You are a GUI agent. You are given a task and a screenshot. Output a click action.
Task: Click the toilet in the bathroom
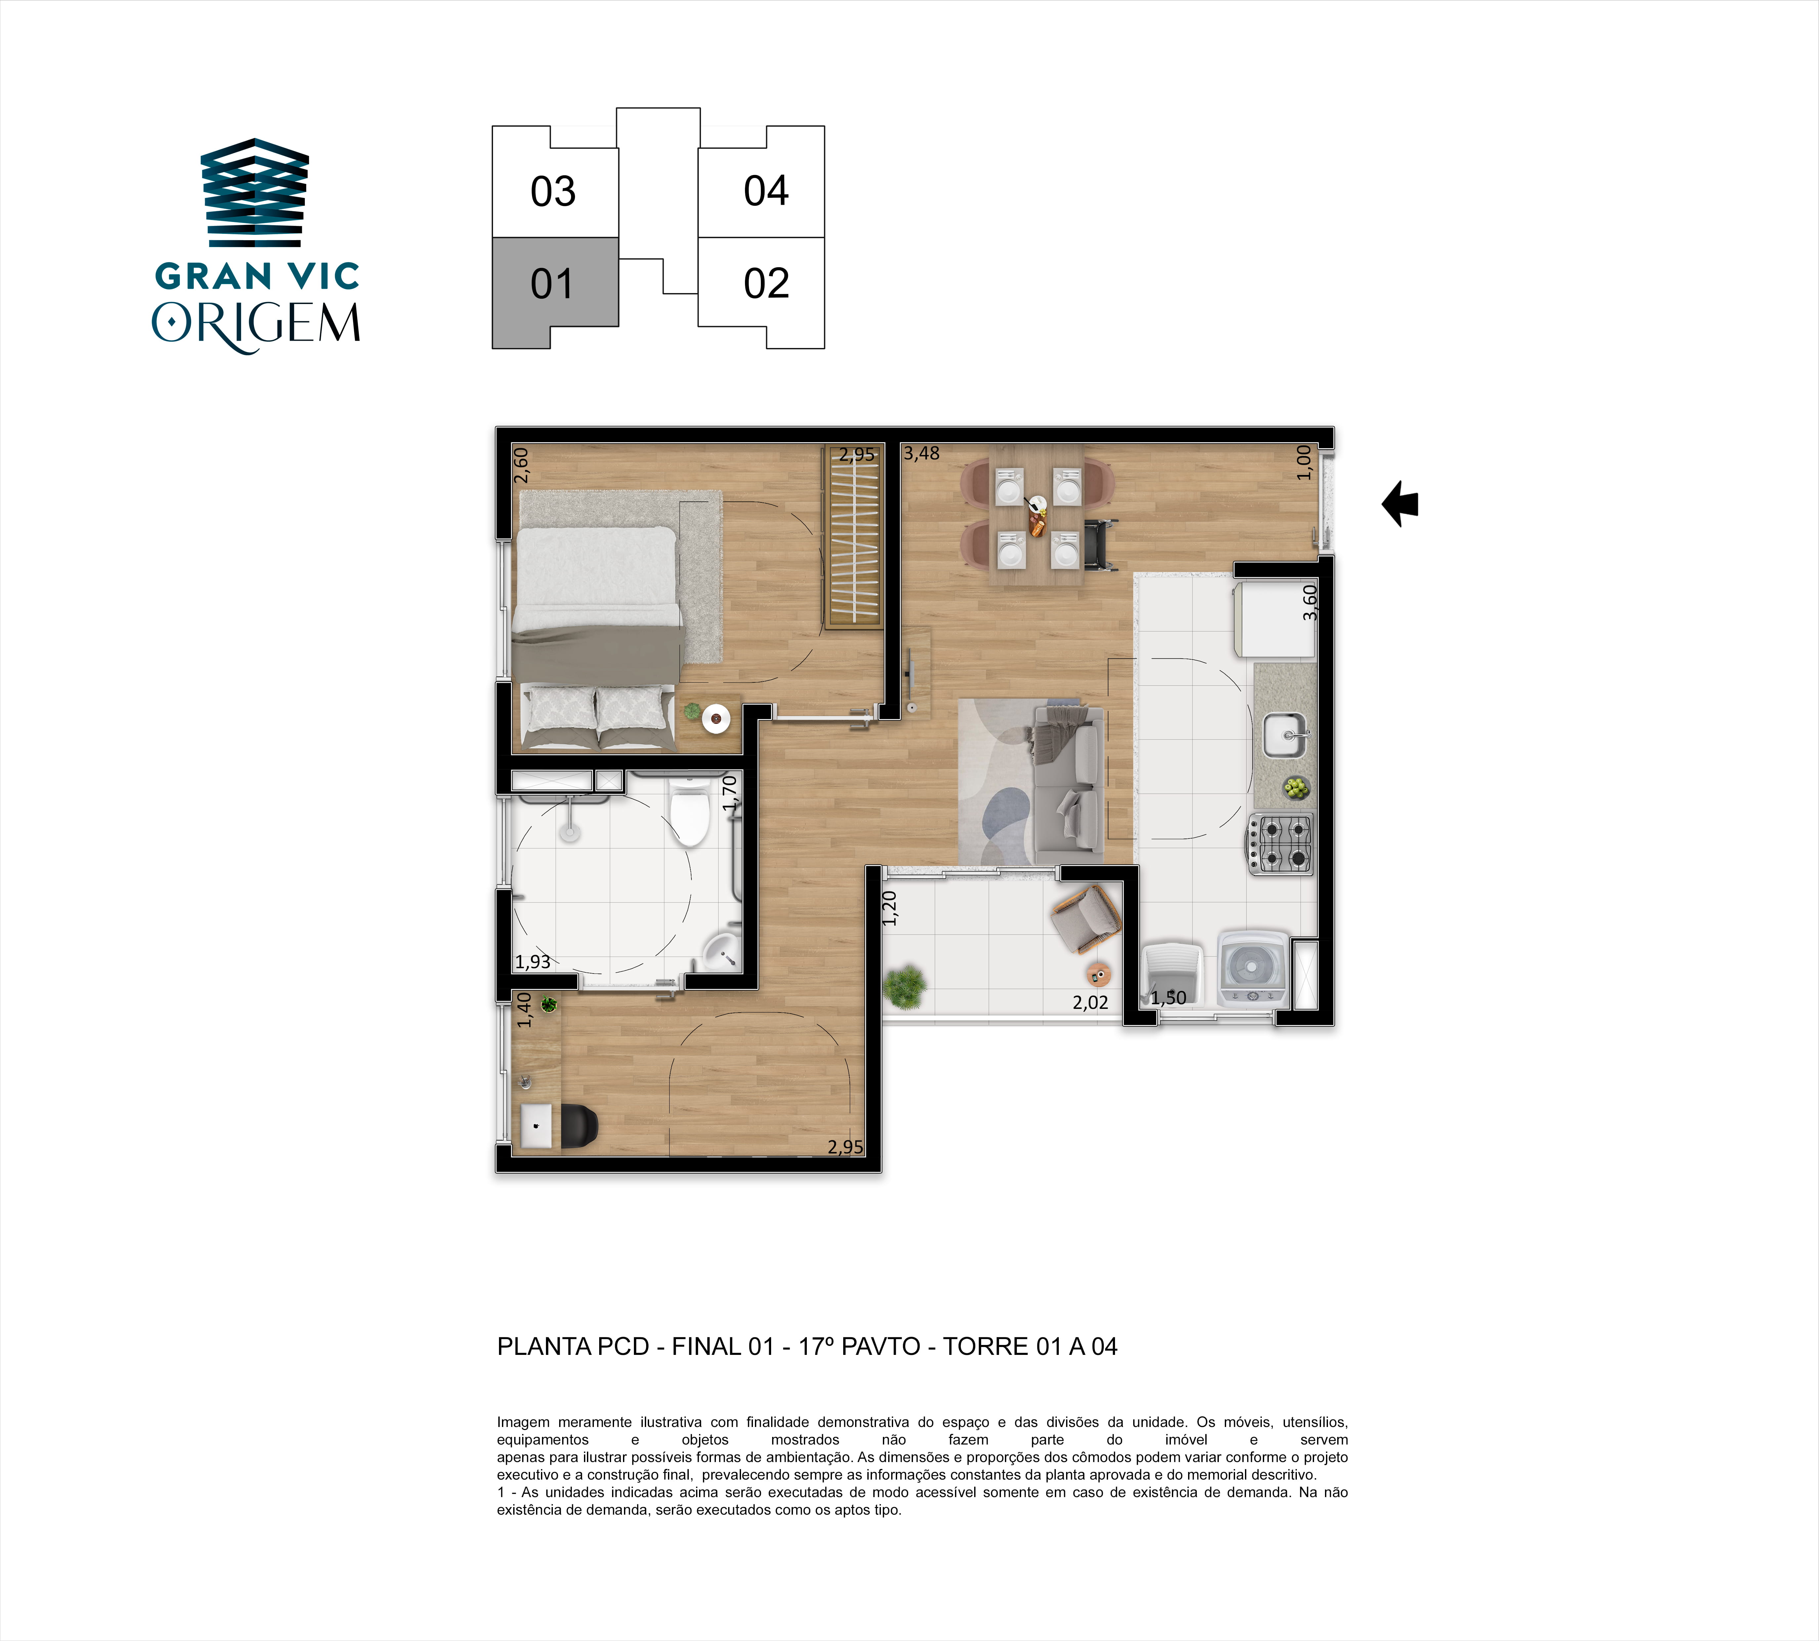pos(690,811)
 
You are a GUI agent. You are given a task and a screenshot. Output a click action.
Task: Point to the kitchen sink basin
pos(1284,735)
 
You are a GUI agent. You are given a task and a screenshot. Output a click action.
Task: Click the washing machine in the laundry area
pos(1251,969)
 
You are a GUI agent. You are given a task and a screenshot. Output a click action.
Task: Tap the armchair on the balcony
pos(1086,918)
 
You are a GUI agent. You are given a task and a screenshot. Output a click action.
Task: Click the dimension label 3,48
pos(921,453)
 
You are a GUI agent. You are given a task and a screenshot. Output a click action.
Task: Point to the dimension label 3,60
pos(1310,602)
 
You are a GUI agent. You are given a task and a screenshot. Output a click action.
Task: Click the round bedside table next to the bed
pos(716,718)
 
